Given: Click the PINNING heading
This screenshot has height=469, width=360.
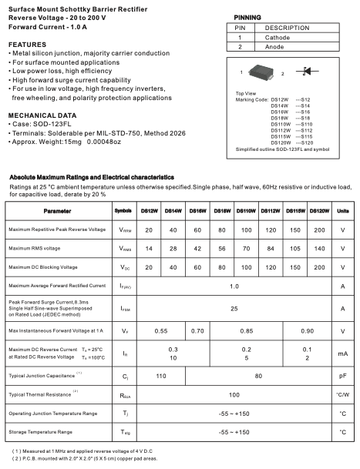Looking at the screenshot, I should click(x=247, y=16).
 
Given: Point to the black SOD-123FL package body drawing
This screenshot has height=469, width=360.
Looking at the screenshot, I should click(x=263, y=73).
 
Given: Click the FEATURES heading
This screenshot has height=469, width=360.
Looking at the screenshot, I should click(x=28, y=45).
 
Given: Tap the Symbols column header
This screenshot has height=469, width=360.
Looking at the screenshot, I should click(x=123, y=210).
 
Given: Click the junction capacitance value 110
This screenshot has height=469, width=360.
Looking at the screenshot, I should click(x=161, y=377).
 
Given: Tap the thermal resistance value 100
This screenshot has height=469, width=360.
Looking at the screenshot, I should click(x=234, y=394).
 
